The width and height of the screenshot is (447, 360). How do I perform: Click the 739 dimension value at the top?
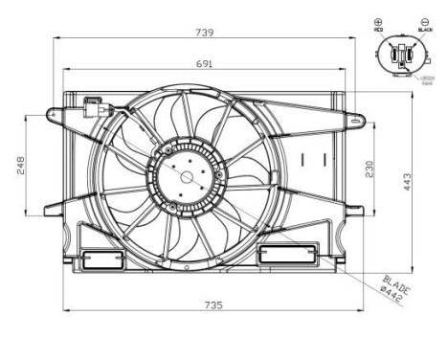[x=205, y=32]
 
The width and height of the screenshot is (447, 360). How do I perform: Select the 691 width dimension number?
[x=205, y=63]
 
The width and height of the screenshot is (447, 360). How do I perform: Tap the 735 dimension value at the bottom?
[x=212, y=304]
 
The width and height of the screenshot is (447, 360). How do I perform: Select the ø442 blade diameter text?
[x=391, y=297]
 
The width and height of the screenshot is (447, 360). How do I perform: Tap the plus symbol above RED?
[x=378, y=22]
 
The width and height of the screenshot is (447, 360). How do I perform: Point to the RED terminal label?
[x=378, y=32]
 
